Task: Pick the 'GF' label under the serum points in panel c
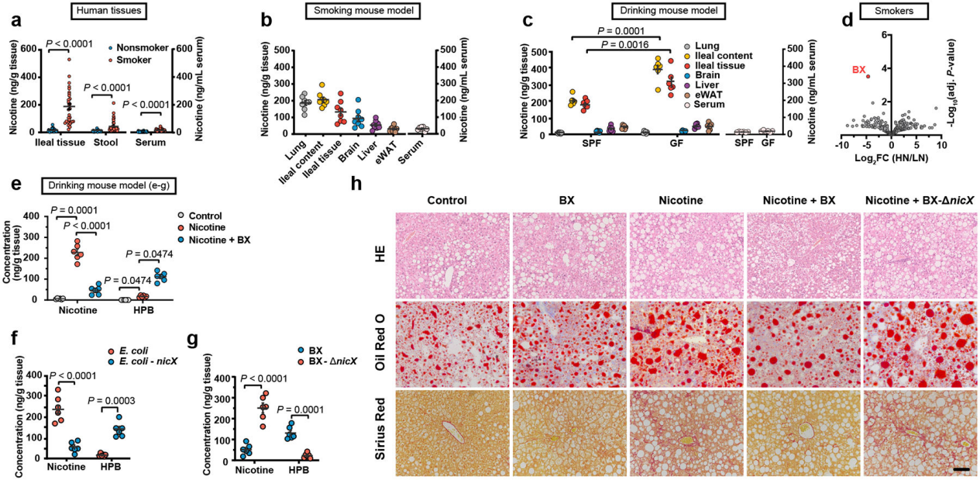769,144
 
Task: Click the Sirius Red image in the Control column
453,433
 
